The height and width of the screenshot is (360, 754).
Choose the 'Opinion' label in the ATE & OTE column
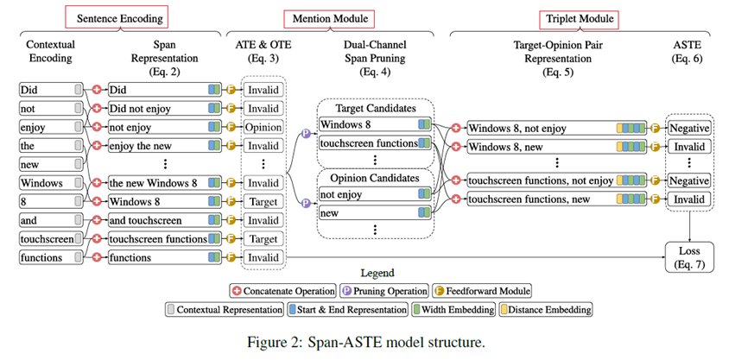[261, 127]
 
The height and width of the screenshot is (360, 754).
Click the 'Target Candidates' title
[373, 109]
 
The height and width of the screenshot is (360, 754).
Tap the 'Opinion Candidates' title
[373, 178]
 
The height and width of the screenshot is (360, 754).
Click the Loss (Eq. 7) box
[690, 256]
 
